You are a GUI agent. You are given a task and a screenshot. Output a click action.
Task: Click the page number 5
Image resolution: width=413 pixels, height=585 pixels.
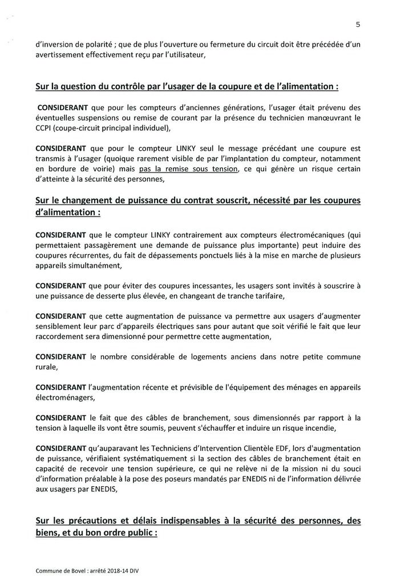click(358, 25)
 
